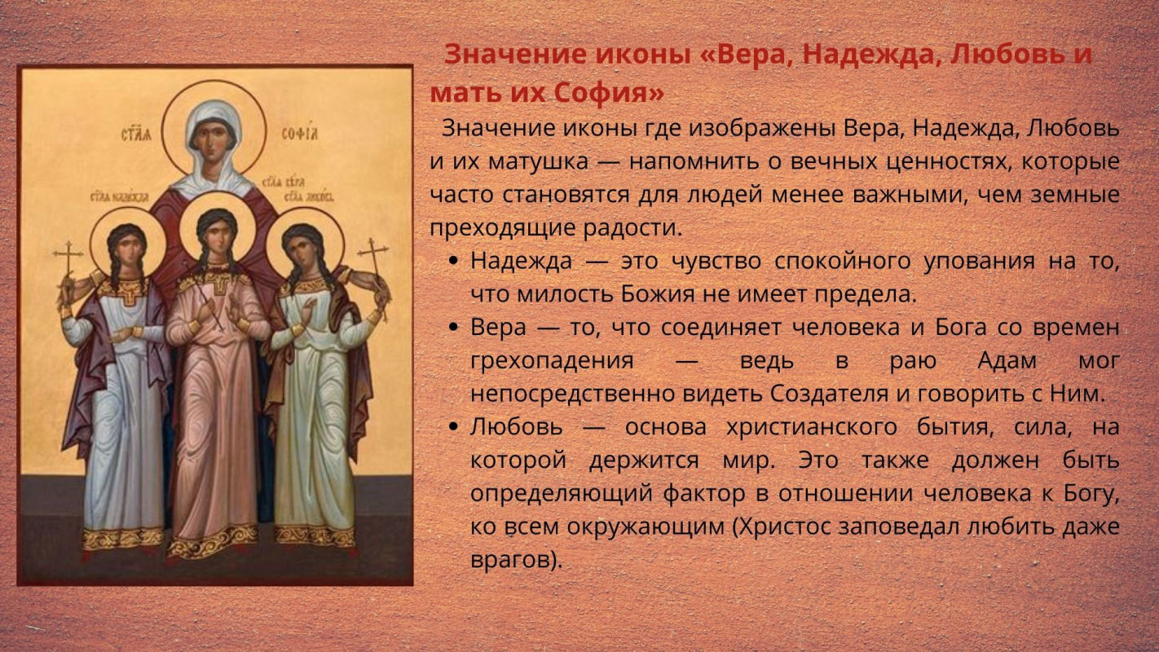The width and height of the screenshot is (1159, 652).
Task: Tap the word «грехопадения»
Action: (552, 361)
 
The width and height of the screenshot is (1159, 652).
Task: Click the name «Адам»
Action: (1007, 360)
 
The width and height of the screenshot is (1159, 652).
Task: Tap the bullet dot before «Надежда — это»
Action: (453, 262)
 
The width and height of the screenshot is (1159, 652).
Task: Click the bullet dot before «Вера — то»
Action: (453, 328)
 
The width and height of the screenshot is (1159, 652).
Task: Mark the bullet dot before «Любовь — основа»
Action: (453, 427)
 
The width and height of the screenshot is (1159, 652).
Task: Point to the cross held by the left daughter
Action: (68, 269)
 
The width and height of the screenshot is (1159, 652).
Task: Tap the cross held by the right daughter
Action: (373, 264)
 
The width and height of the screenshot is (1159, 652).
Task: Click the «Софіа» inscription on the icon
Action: (300, 134)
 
